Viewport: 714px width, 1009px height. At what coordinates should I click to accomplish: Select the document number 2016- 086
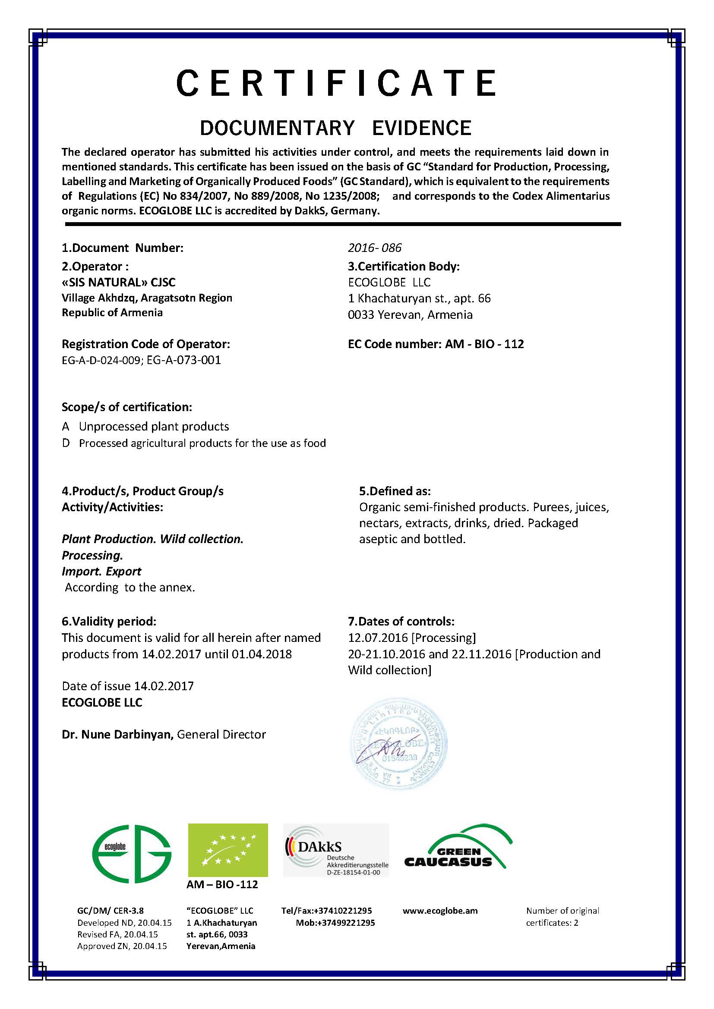pos(375,248)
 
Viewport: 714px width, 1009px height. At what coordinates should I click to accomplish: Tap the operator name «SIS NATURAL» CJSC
pos(119,282)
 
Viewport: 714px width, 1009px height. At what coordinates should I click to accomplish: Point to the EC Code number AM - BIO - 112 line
pos(436,344)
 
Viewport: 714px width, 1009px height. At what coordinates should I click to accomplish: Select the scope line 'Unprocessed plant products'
pos(154,426)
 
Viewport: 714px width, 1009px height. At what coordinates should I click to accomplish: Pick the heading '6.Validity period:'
pos(109,621)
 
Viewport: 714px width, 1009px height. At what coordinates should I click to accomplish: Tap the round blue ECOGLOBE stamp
pos(398,744)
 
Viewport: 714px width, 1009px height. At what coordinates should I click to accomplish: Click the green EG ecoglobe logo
pos(132,853)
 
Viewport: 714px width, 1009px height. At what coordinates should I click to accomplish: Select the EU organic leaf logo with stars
pos(228,850)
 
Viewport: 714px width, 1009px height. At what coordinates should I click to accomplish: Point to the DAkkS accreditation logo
pos(336,850)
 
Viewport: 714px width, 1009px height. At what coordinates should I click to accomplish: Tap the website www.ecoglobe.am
pos(440,911)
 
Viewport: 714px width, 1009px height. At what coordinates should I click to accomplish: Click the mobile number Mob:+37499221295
pos(335,923)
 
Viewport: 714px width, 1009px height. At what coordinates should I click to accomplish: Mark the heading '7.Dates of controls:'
pos(401,621)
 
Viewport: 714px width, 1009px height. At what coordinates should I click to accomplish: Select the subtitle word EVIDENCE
pos(422,128)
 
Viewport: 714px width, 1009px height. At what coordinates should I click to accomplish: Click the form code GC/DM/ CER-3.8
pos(111,911)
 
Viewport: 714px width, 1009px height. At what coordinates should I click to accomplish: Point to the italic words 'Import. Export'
pos(101,571)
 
